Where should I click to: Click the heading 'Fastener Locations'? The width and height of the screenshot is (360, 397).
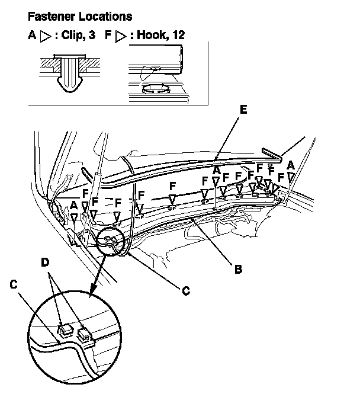80,17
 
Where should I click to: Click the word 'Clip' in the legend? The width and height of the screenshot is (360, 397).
72,35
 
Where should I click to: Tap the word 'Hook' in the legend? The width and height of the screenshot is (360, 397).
150,35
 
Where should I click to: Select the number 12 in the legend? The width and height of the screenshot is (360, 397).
178,35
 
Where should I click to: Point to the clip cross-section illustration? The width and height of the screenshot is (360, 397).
69,73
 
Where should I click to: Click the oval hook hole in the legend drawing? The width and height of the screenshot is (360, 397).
156,89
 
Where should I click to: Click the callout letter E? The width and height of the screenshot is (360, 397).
243,110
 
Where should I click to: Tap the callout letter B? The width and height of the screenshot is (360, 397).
238,269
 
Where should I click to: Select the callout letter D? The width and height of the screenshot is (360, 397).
45,262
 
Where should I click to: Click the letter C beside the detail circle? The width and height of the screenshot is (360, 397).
14,284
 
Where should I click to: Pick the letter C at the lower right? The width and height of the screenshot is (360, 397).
186,291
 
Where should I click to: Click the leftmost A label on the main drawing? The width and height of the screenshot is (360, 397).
73,206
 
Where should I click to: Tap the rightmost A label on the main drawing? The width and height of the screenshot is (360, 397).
291,165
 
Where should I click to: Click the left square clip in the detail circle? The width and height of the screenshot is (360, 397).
65,330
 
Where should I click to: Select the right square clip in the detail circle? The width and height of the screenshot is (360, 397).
84,335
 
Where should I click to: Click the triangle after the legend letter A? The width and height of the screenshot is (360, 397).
46,36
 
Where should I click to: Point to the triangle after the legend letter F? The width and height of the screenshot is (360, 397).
121,36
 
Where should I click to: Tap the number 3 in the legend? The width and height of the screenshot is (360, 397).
92,35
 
